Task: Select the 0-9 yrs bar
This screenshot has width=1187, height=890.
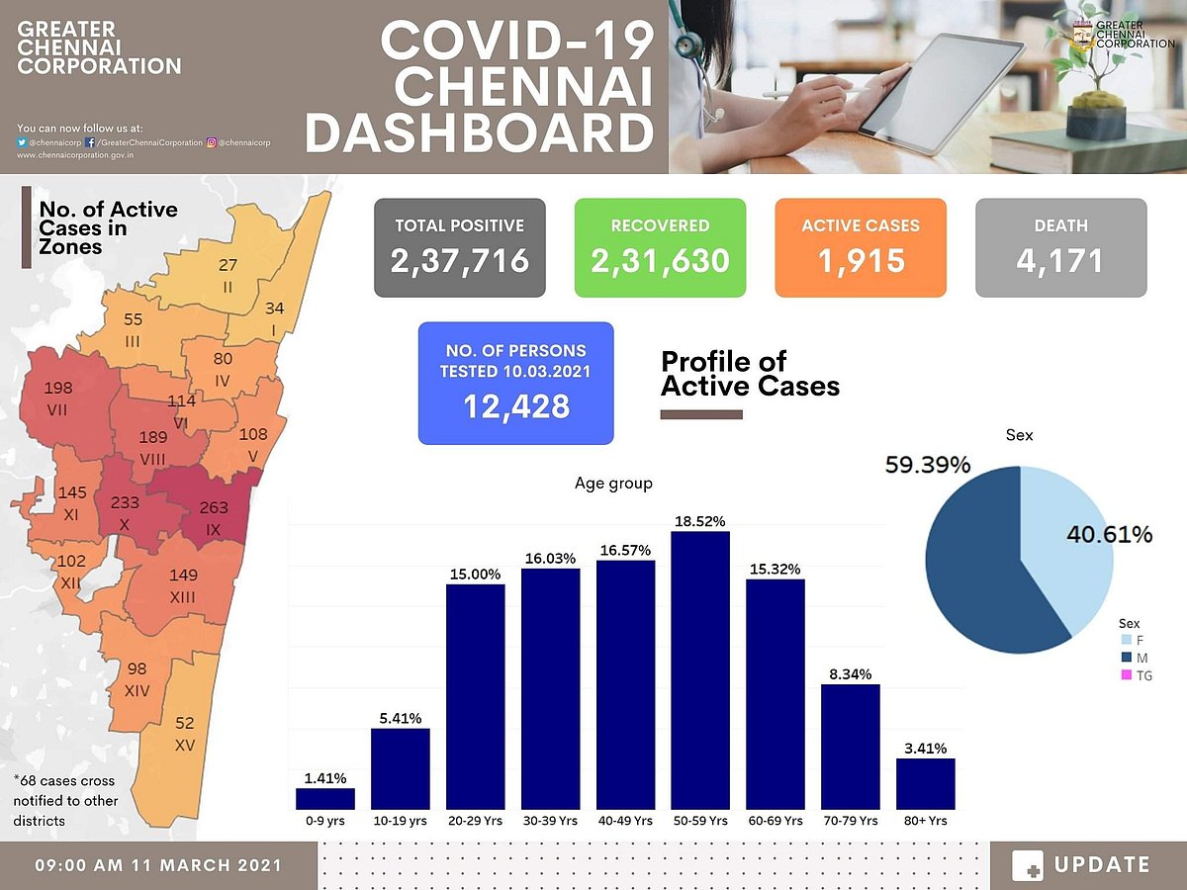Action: point(325,799)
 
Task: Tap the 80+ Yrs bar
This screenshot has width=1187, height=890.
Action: point(926,784)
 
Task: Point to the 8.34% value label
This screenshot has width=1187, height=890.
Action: point(851,673)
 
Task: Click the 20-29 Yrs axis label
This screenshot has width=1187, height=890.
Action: point(475,821)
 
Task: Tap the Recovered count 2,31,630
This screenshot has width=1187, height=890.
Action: point(660,260)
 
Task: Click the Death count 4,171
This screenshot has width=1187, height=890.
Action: point(1061,260)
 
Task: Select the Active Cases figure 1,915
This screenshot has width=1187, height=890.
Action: point(861,260)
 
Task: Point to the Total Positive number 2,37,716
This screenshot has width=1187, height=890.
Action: point(460,260)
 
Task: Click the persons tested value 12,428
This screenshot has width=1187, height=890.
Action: point(515,404)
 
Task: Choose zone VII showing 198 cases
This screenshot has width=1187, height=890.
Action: point(61,400)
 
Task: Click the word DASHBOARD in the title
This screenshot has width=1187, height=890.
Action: point(480,133)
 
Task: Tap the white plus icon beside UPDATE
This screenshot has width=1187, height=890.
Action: point(1028,865)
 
